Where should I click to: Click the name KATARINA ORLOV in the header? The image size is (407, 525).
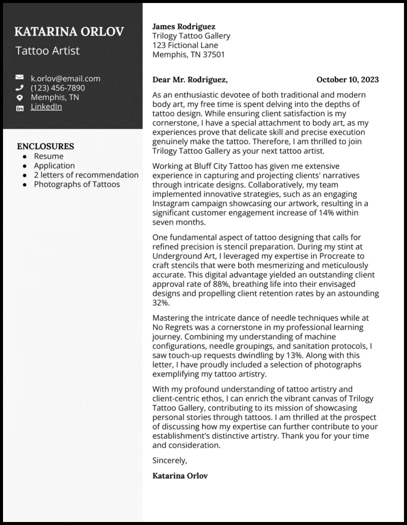(x=69, y=32)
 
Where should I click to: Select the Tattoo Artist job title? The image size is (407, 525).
(x=47, y=51)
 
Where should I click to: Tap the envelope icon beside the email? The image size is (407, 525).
(x=20, y=78)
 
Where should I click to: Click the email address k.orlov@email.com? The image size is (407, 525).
(x=65, y=78)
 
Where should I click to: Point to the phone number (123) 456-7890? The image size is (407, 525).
(x=58, y=88)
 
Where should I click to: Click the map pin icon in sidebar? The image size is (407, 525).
(x=20, y=98)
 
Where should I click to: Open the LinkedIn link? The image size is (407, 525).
(x=46, y=107)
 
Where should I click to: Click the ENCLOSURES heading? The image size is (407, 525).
(x=46, y=146)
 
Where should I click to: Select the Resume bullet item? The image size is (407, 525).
(x=49, y=156)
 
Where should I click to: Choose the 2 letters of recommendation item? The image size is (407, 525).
(x=86, y=175)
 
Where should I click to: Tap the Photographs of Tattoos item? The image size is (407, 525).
(x=77, y=184)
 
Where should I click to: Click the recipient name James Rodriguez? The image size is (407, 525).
(x=183, y=27)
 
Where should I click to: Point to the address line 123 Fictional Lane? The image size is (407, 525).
(x=185, y=45)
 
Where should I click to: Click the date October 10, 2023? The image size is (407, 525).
(x=347, y=80)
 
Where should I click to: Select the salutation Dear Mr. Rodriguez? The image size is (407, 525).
(x=190, y=80)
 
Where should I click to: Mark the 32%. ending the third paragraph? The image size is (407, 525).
(x=161, y=303)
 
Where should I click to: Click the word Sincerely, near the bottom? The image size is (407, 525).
(x=169, y=460)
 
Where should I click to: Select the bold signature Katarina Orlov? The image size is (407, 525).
(x=180, y=475)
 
